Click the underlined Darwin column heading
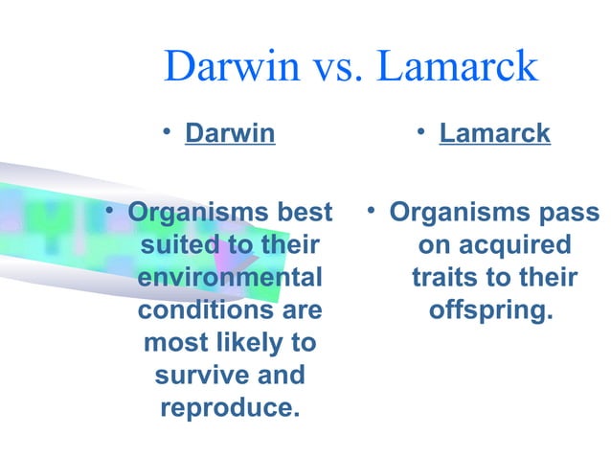230,133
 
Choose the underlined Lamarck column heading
494,133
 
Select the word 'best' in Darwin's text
305,212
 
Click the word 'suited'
177,245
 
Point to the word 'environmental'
230,278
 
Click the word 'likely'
242,343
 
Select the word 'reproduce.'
230,408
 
